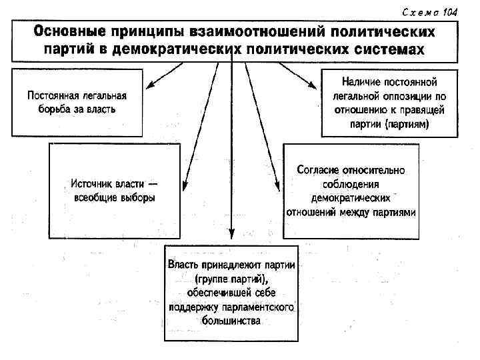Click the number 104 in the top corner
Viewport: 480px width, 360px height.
pyautogui.click(x=449, y=12)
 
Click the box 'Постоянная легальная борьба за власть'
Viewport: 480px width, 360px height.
pyautogui.click(x=77, y=101)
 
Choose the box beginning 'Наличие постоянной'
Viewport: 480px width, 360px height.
pyautogui.click(x=389, y=101)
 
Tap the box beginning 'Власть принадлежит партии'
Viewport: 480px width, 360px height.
pyautogui.click(x=231, y=293)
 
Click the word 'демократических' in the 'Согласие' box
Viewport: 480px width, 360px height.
pyautogui.click(x=351, y=198)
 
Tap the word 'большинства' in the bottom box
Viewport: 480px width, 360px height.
pyautogui.click(x=231, y=321)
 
